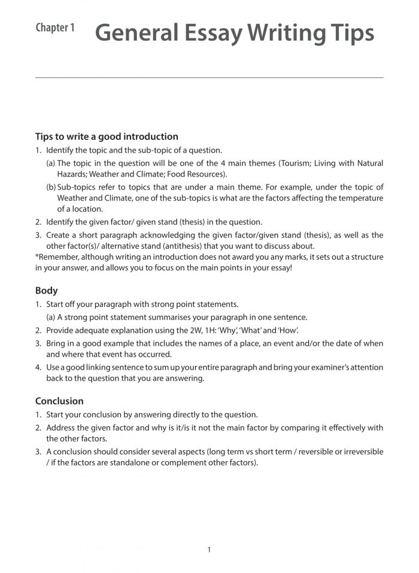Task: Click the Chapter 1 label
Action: click(x=55, y=28)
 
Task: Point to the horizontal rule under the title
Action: click(x=209, y=78)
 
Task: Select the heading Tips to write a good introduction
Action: click(x=107, y=136)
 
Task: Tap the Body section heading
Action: click(x=46, y=291)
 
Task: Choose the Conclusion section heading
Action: click(x=59, y=401)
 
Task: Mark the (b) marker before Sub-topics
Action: click(x=51, y=187)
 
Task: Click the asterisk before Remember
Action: click(x=37, y=257)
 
